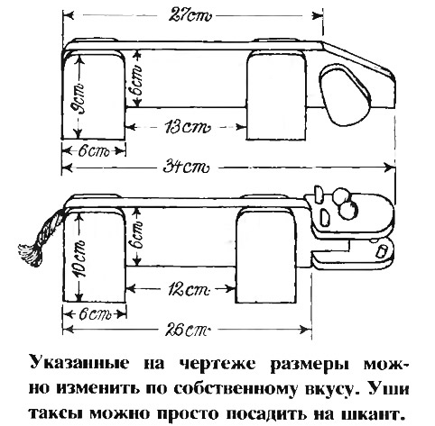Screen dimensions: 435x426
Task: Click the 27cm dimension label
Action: tap(190, 14)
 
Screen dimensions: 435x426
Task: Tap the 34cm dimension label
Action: tap(186, 167)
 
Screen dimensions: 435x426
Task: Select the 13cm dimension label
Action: tap(187, 127)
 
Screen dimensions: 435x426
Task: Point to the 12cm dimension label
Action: tap(187, 289)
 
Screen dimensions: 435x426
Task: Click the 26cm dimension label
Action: tap(187, 330)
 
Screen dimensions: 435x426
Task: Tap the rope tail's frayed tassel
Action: tap(30, 255)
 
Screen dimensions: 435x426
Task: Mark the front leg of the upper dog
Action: tap(276, 96)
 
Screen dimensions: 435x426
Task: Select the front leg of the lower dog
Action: tap(266, 256)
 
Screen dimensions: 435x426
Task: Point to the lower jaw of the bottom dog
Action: tap(352, 253)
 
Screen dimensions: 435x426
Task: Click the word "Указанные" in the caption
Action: tap(79, 364)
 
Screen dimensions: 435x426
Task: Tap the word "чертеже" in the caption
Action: tap(217, 364)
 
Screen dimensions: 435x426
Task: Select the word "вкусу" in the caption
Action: tap(329, 389)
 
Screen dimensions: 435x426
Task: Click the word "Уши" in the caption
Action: tap(389, 388)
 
